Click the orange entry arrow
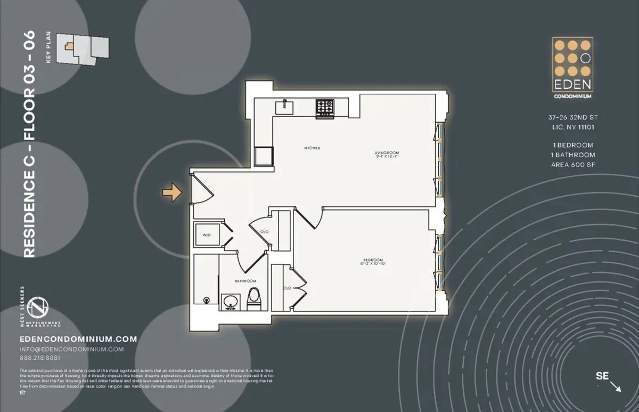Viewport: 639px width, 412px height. (173, 192)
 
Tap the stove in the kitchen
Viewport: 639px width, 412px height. (324, 108)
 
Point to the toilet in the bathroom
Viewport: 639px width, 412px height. (254, 298)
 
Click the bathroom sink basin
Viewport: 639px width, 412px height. (231, 302)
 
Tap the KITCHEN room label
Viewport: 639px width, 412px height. (312, 148)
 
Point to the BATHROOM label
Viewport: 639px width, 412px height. (245, 281)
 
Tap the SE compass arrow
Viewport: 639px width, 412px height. (615, 386)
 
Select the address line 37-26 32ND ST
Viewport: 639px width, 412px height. (572, 117)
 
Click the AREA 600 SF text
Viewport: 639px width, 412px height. (572, 165)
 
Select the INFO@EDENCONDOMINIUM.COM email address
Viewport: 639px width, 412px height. (71, 349)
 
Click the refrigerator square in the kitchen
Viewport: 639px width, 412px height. (264, 157)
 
